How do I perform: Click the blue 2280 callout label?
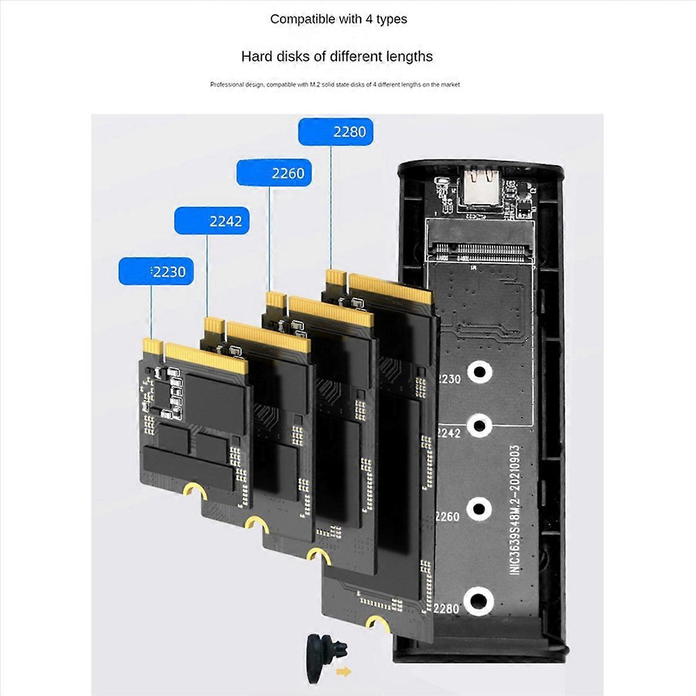pyautogui.click(x=335, y=132)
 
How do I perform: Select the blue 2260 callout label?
pyautogui.click(x=274, y=173)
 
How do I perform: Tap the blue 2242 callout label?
pyautogui.click(x=212, y=221)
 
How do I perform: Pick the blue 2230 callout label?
pyautogui.click(x=155, y=271)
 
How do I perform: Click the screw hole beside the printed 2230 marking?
pyautogui.click(x=480, y=371)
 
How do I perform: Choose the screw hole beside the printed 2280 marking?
pyautogui.click(x=479, y=601)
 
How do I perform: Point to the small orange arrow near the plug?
pyautogui.click(x=344, y=672)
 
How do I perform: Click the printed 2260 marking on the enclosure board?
pyautogui.click(x=447, y=516)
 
